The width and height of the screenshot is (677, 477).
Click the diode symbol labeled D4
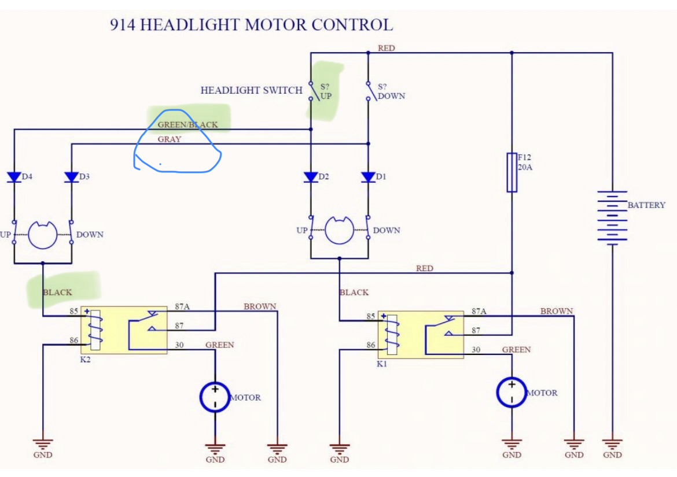coord(14,177)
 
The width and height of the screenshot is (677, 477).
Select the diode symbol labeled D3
coord(71,177)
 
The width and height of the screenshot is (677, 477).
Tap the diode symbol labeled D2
coord(311,177)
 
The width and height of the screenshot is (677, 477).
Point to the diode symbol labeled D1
coord(368,177)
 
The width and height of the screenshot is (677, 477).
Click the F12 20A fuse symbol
coord(512,172)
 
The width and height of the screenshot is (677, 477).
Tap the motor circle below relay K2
coord(215,396)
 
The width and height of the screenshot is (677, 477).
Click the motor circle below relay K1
coord(512,392)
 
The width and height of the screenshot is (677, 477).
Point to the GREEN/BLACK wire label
coord(187,125)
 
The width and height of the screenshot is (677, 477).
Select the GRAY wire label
coord(169,139)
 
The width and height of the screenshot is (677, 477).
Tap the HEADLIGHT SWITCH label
coord(251,90)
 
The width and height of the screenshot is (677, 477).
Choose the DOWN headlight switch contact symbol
coord(368,90)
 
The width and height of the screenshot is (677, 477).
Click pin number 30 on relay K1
coord(476,349)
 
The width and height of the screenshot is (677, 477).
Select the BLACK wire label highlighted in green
coord(57,293)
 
